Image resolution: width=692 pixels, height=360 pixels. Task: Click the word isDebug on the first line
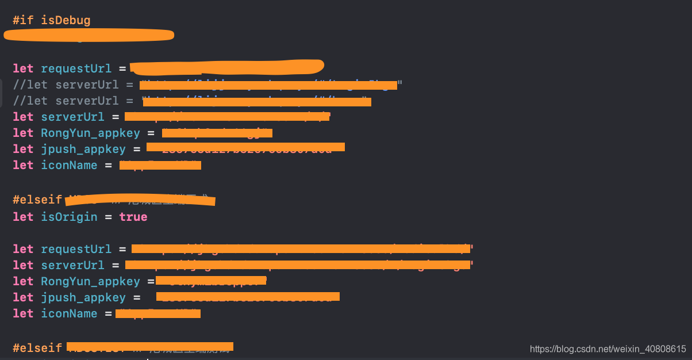pyautogui.click(x=66, y=20)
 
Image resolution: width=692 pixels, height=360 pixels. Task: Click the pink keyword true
pyautogui.click(x=133, y=217)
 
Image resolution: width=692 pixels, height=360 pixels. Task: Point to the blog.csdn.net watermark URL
pyautogui.click(x=608, y=348)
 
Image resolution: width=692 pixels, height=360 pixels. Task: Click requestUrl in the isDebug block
pyautogui.click(x=76, y=68)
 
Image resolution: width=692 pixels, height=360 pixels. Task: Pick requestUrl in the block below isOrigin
pyautogui.click(x=76, y=249)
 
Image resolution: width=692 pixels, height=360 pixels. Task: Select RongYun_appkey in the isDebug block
pyautogui.click(x=90, y=133)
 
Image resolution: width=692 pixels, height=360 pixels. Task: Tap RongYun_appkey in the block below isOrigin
pyautogui.click(x=90, y=281)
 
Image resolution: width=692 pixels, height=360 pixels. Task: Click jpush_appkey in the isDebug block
pyautogui.click(x=83, y=149)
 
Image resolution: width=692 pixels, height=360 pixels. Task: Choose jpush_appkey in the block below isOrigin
pyautogui.click(x=83, y=297)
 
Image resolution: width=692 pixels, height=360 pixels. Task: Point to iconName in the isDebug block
pyautogui.click(x=69, y=165)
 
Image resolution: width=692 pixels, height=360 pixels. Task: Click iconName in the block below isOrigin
pyautogui.click(x=69, y=313)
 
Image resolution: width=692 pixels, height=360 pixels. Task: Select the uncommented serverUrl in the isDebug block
pyautogui.click(x=72, y=117)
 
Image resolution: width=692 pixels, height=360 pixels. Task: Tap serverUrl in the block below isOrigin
pyautogui.click(x=72, y=265)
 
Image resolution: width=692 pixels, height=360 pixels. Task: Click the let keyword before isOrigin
pyautogui.click(x=23, y=217)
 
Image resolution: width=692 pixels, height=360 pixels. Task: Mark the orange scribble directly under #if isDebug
pyautogui.click(x=89, y=35)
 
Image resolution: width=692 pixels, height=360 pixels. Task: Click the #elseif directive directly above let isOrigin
pyautogui.click(x=37, y=200)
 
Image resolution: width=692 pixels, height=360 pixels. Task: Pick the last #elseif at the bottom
pyautogui.click(x=37, y=348)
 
